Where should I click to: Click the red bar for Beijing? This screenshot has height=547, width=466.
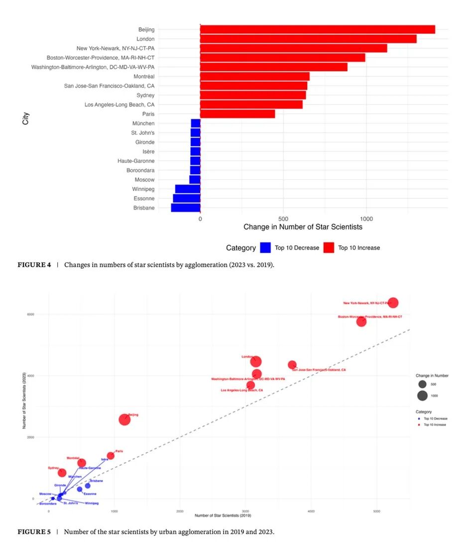pyautogui.click(x=318, y=29)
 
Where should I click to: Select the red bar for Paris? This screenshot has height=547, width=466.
pyautogui.click(x=237, y=114)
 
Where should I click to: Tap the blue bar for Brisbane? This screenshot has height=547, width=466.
pyautogui.click(x=186, y=208)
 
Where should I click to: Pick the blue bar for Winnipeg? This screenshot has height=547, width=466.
pyautogui.click(x=188, y=189)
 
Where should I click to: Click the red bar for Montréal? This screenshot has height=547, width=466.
pyautogui.click(x=255, y=76)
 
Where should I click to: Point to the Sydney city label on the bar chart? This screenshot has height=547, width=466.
pyautogui.click(x=145, y=95)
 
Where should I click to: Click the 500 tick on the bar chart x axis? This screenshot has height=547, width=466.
pyautogui.click(x=283, y=219)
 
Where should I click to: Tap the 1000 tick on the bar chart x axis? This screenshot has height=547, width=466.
pyautogui.click(x=366, y=219)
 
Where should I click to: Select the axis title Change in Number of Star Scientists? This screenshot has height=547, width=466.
pyautogui.click(x=303, y=227)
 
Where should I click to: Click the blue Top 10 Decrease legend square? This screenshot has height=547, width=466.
pyautogui.click(x=265, y=247)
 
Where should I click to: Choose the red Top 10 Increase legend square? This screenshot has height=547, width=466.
pyautogui.click(x=329, y=247)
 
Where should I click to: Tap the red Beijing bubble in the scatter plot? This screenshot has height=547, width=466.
pyautogui.click(x=124, y=420)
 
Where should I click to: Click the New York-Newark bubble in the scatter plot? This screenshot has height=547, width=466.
pyautogui.click(x=393, y=303)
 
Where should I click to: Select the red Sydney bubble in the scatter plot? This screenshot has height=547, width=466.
pyautogui.click(x=62, y=472)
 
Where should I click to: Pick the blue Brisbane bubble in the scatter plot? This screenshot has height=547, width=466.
pyautogui.click(x=88, y=486)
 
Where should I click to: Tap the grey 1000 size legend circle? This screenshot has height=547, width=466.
pyautogui.click(x=422, y=396)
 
